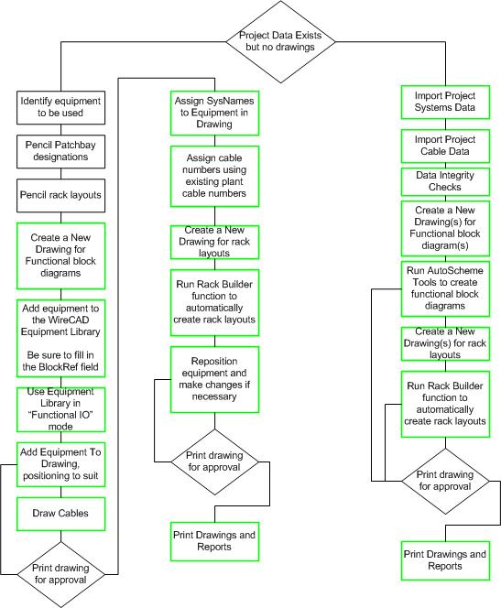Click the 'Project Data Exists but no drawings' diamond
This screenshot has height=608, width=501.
[281, 41]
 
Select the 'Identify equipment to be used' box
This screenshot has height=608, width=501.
[60, 107]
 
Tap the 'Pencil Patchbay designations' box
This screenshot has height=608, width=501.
[60, 151]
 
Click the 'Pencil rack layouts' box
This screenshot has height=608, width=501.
[60, 195]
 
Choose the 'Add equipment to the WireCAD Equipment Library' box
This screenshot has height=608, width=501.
[60, 338]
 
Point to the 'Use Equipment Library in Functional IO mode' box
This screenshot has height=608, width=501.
[60, 409]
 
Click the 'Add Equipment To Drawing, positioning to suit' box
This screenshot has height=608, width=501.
[60, 464]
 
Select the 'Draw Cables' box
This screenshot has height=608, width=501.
[60, 514]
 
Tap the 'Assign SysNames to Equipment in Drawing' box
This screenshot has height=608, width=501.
[215, 113]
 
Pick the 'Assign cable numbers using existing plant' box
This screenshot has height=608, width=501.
[215, 176]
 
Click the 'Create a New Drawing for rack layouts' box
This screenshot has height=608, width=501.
[215, 242]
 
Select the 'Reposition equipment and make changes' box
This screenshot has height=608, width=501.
[215, 379]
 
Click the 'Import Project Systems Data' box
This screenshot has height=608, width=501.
[445, 102]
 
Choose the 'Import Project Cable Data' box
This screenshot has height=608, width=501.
[445, 146]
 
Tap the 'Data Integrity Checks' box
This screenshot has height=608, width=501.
[445, 181]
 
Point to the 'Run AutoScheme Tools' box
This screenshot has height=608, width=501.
[445, 288]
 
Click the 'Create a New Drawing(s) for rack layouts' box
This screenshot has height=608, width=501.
[445, 343]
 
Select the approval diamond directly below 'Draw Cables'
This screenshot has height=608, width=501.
[60, 574]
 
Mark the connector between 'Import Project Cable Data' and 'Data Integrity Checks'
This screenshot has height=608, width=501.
[445, 165]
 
